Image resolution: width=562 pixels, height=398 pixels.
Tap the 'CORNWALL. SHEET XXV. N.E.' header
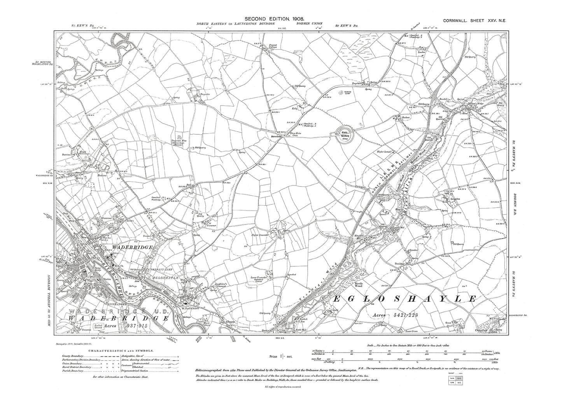click(x=474, y=18)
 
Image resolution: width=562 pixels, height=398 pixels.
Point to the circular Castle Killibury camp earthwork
click(x=345, y=133)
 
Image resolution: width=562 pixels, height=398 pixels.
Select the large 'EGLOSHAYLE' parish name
click(x=404, y=299)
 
